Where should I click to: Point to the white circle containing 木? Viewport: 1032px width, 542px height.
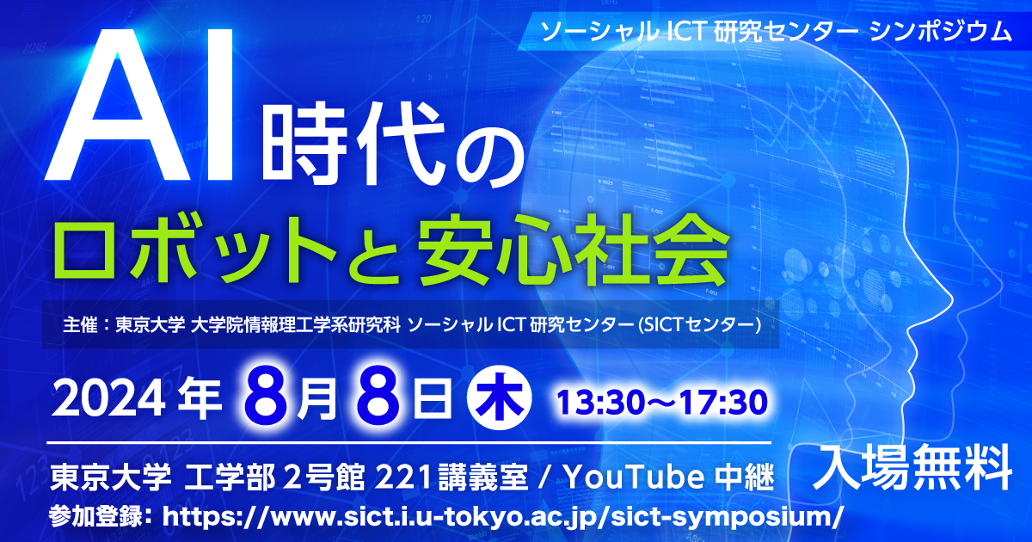click(x=499, y=397)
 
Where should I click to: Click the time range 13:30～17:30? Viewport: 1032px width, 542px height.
click(x=662, y=403)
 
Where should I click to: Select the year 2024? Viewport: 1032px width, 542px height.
click(x=108, y=400)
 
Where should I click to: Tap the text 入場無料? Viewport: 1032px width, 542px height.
click(x=912, y=467)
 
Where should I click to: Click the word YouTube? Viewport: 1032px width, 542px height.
click(x=634, y=477)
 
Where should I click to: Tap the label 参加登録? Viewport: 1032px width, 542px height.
click(x=95, y=517)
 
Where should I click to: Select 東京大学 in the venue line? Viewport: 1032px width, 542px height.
click(x=111, y=477)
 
